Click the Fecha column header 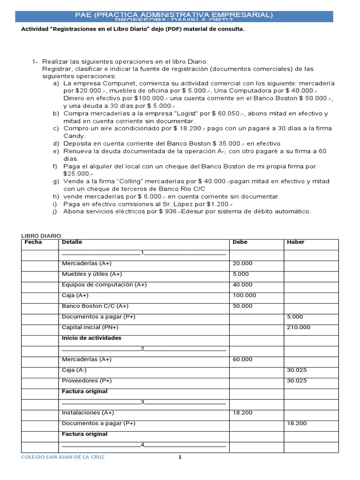[33, 242]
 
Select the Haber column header [295, 242]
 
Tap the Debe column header [240, 242]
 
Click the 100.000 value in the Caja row [244, 295]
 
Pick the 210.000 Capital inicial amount [298, 327]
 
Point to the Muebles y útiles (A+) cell [92, 274]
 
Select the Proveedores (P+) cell [87, 381]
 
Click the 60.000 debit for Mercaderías [242, 360]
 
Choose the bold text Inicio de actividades [91, 338]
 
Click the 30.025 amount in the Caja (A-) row [297, 370]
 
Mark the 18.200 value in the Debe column [242, 412]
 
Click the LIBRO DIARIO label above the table [42, 235]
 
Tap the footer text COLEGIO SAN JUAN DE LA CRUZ [63, 457]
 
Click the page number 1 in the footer [180, 457]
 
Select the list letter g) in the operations [56, 181]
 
